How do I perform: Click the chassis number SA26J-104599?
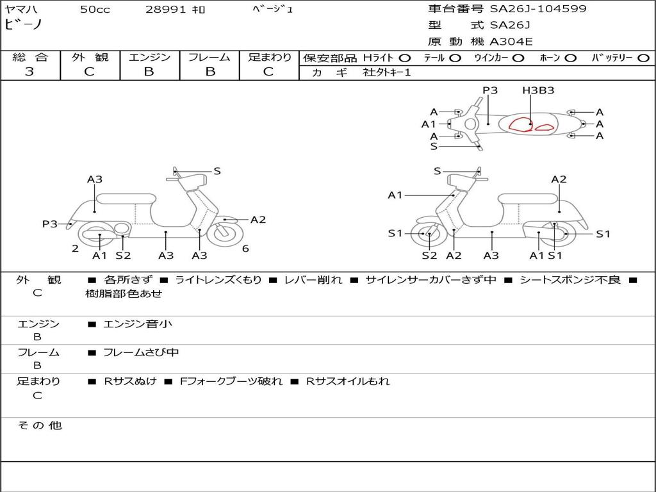coord(538,9)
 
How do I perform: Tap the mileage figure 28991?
coord(166,10)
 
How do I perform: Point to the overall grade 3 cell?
coord(29,72)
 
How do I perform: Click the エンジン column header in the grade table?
coord(149,57)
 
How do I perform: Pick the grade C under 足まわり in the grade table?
coord(268,72)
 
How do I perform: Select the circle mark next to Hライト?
coord(405,58)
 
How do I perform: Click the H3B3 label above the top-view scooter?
coord(538,90)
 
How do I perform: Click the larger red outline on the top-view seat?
coord(521,124)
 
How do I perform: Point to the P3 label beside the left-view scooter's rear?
coord(49,224)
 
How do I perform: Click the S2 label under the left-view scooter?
coord(123,256)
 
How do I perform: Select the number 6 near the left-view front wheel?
coord(245,249)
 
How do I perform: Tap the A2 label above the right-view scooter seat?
coord(559,179)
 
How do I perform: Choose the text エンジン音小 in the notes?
coord(137,324)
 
